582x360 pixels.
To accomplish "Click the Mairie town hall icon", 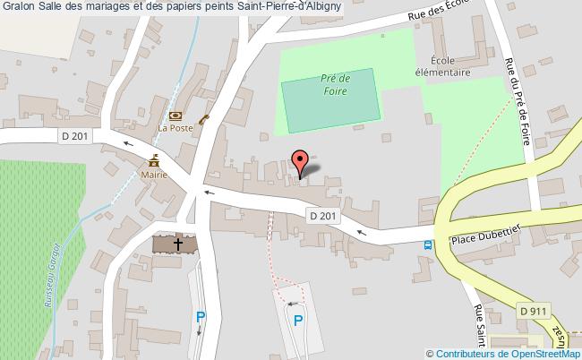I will click(155, 160).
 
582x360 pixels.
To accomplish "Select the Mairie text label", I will click(155, 176).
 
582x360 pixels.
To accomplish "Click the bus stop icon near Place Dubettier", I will click(429, 244).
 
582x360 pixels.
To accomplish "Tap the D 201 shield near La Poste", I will click(76, 136).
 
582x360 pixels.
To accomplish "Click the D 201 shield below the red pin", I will click(323, 216).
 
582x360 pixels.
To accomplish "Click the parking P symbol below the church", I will click(201, 316).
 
